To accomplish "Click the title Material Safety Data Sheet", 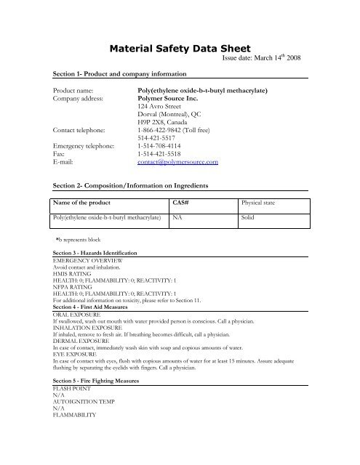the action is click(180, 49).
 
